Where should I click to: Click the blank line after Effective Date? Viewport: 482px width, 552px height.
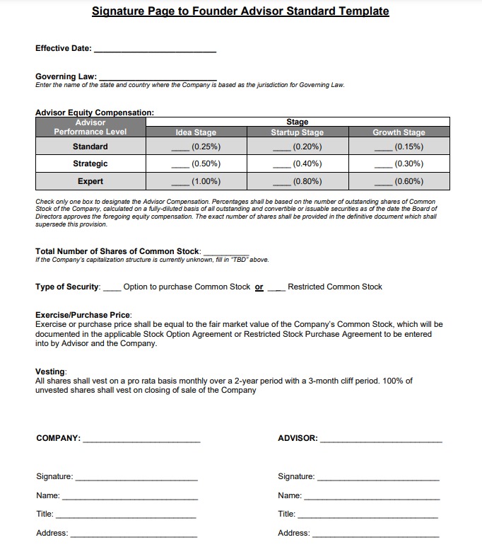click(155, 50)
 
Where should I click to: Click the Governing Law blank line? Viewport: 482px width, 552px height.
click(158, 78)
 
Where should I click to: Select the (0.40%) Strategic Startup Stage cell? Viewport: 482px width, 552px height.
click(298, 164)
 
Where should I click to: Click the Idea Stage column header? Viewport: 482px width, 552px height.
click(196, 132)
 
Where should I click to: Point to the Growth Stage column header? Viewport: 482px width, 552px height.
click(399, 132)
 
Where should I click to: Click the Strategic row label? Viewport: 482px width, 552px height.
click(90, 164)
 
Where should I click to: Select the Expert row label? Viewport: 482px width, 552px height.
click(90, 181)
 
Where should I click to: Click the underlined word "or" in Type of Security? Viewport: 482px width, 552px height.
click(259, 287)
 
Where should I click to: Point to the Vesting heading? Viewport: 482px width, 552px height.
click(50, 372)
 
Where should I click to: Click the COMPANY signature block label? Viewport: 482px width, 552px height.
click(58, 439)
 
